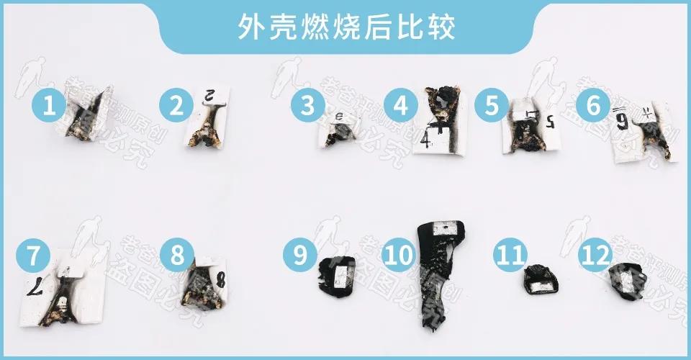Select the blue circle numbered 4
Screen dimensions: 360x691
400,107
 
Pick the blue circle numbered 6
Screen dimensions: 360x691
593,107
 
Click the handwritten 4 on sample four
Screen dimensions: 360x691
427,138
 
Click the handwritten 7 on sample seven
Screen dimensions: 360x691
34,287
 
